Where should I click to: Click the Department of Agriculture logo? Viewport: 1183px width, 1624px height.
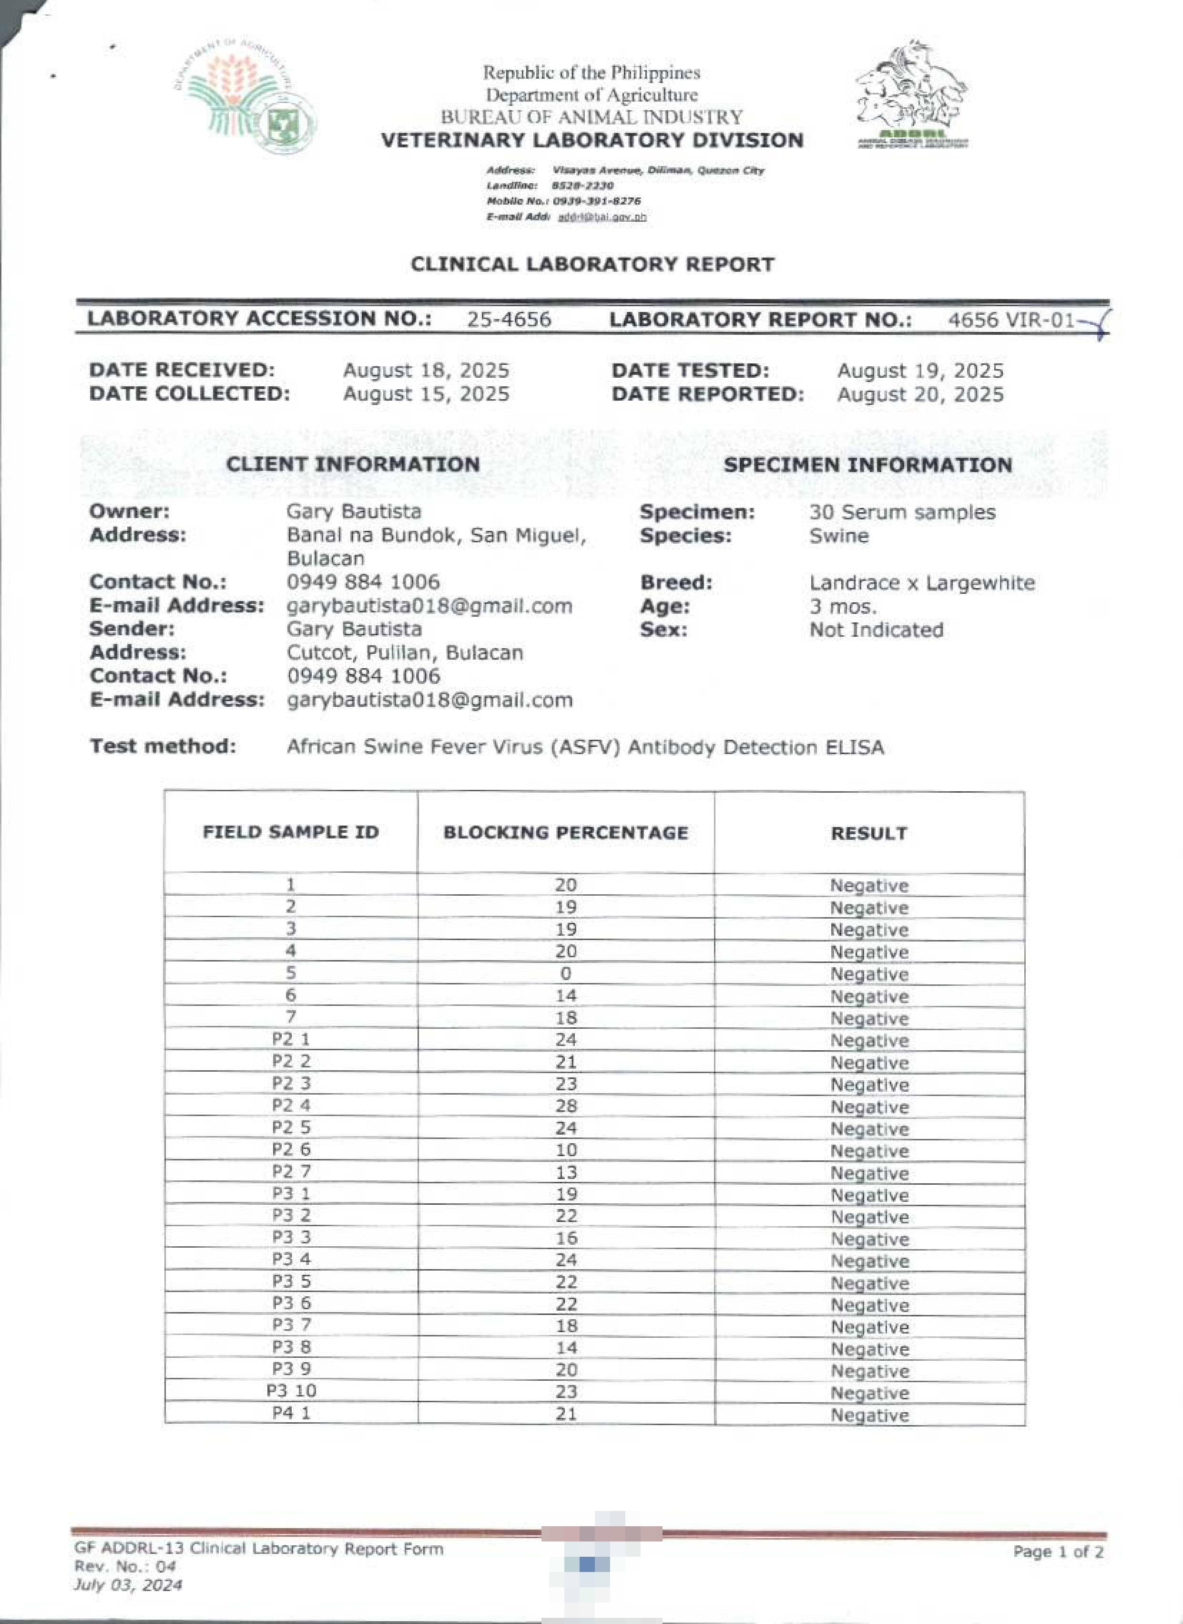245,95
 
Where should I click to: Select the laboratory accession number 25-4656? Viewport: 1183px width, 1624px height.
509,320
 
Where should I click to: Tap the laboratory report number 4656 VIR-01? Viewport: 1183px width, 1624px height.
1011,320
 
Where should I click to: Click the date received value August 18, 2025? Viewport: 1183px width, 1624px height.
426,371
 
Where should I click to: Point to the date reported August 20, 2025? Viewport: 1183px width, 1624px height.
920,395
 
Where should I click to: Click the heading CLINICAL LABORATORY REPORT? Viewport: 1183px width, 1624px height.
592,264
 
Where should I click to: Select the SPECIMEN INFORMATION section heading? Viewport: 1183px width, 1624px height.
867,465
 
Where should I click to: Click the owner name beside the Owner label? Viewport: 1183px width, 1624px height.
354,511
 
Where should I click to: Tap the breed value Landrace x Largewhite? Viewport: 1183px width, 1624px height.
922,583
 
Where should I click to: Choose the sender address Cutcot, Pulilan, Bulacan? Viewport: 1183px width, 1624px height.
405,652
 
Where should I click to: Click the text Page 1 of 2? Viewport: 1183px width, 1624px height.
1058,1552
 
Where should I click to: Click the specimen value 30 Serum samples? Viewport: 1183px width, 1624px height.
902,512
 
